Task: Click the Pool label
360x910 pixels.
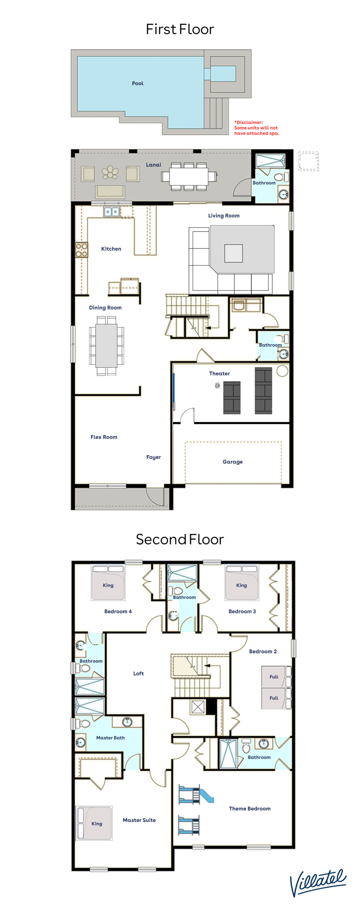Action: [138, 84]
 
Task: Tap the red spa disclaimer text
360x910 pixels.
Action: [256, 128]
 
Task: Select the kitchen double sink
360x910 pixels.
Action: [112, 212]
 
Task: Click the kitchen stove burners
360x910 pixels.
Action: [82, 250]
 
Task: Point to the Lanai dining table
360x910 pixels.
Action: [189, 176]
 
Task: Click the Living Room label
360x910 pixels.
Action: [224, 215]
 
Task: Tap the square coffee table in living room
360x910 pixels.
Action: [233, 253]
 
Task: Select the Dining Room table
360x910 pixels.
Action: [106, 346]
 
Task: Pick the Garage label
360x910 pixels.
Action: [233, 462]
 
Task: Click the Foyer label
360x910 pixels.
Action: [154, 457]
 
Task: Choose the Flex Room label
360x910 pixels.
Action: [104, 437]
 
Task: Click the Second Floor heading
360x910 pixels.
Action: [180, 539]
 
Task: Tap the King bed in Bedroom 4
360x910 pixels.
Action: [108, 583]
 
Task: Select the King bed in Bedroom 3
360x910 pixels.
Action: [242, 583]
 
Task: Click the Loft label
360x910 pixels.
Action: [138, 674]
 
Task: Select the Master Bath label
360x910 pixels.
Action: [111, 738]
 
